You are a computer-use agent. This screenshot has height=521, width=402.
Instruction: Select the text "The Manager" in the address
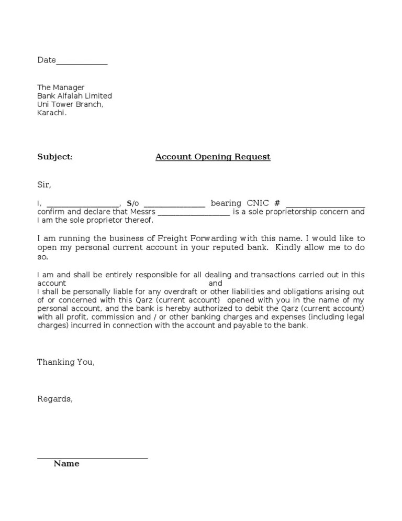pyautogui.click(x=61, y=88)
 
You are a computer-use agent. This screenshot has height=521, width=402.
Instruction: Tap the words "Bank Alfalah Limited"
pyautogui.click(x=74, y=96)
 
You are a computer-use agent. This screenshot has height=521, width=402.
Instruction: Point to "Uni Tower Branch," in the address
pyautogui.click(x=70, y=104)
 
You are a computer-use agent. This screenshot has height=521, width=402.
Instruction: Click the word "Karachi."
pyautogui.click(x=52, y=113)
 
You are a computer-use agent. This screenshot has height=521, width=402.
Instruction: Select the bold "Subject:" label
pyautogui.click(x=55, y=157)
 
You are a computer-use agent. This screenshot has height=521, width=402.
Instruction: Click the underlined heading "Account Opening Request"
pyautogui.click(x=213, y=157)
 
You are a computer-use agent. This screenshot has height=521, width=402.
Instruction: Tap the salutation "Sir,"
pyautogui.click(x=44, y=185)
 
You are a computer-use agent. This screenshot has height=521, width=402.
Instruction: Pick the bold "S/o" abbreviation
pyautogui.click(x=133, y=203)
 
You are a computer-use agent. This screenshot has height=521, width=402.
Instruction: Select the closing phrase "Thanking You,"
pyautogui.click(x=66, y=362)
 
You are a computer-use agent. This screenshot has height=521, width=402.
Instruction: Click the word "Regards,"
pyautogui.click(x=55, y=399)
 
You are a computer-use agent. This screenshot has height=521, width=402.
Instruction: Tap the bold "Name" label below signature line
pyautogui.click(x=66, y=463)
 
